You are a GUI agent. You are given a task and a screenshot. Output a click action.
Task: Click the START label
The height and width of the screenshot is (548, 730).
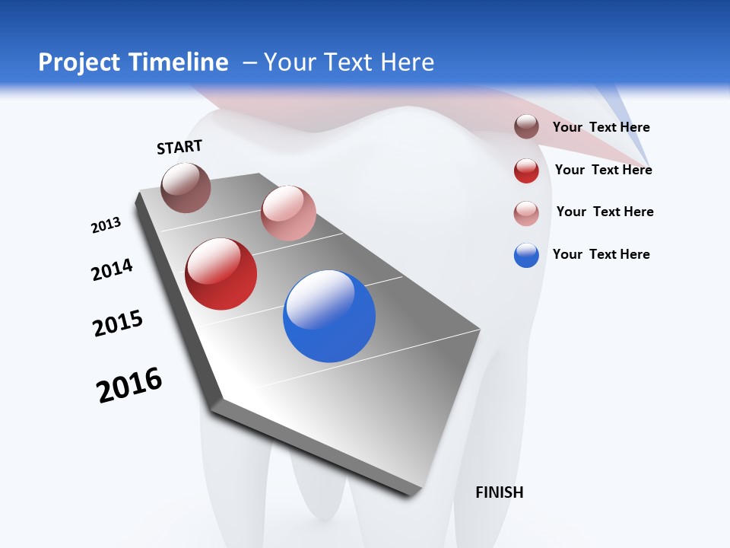click(x=179, y=147)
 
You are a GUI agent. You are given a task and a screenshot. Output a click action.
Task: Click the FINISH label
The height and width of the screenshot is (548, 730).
click(x=499, y=492)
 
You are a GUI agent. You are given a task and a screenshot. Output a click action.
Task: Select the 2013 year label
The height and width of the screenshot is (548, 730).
click(x=106, y=225)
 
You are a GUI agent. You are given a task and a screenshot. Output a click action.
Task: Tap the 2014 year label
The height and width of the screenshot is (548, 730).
click(x=112, y=269)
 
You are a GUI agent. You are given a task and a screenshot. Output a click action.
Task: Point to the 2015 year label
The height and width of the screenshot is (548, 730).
click(x=118, y=323)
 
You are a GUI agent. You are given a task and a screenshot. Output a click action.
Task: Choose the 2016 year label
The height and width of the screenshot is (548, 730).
click(x=129, y=384)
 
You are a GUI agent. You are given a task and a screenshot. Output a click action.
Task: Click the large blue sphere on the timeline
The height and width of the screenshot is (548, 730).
click(x=329, y=316)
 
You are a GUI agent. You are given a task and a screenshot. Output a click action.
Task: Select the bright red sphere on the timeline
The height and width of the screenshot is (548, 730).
click(x=221, y=274)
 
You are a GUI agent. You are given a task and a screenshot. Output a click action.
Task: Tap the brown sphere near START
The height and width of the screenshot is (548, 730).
click(x=186, y=187)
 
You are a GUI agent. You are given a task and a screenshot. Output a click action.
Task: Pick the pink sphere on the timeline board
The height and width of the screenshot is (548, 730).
click(x=288, y=213)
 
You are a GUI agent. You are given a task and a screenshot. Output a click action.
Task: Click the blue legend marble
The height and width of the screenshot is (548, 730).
click(x=526, y=255)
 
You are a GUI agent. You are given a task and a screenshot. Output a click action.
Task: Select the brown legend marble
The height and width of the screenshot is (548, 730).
click(x=526, y=127)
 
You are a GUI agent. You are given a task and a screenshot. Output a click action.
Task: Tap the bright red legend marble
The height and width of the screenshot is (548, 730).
click(x=526, y=170)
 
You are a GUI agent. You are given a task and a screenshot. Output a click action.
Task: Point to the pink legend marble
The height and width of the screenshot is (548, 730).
click(x=526, y=212)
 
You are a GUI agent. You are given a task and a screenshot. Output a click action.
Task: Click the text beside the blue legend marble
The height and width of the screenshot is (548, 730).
click(x=601, y=254)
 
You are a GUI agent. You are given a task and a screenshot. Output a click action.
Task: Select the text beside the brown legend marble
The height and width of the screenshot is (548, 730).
click(x=601, y=127)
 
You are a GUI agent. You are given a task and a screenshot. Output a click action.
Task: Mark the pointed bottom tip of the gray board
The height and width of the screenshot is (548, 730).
click(x=414, y=495)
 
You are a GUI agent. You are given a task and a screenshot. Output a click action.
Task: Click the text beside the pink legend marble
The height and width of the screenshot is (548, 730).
click(x=605, y=212)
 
